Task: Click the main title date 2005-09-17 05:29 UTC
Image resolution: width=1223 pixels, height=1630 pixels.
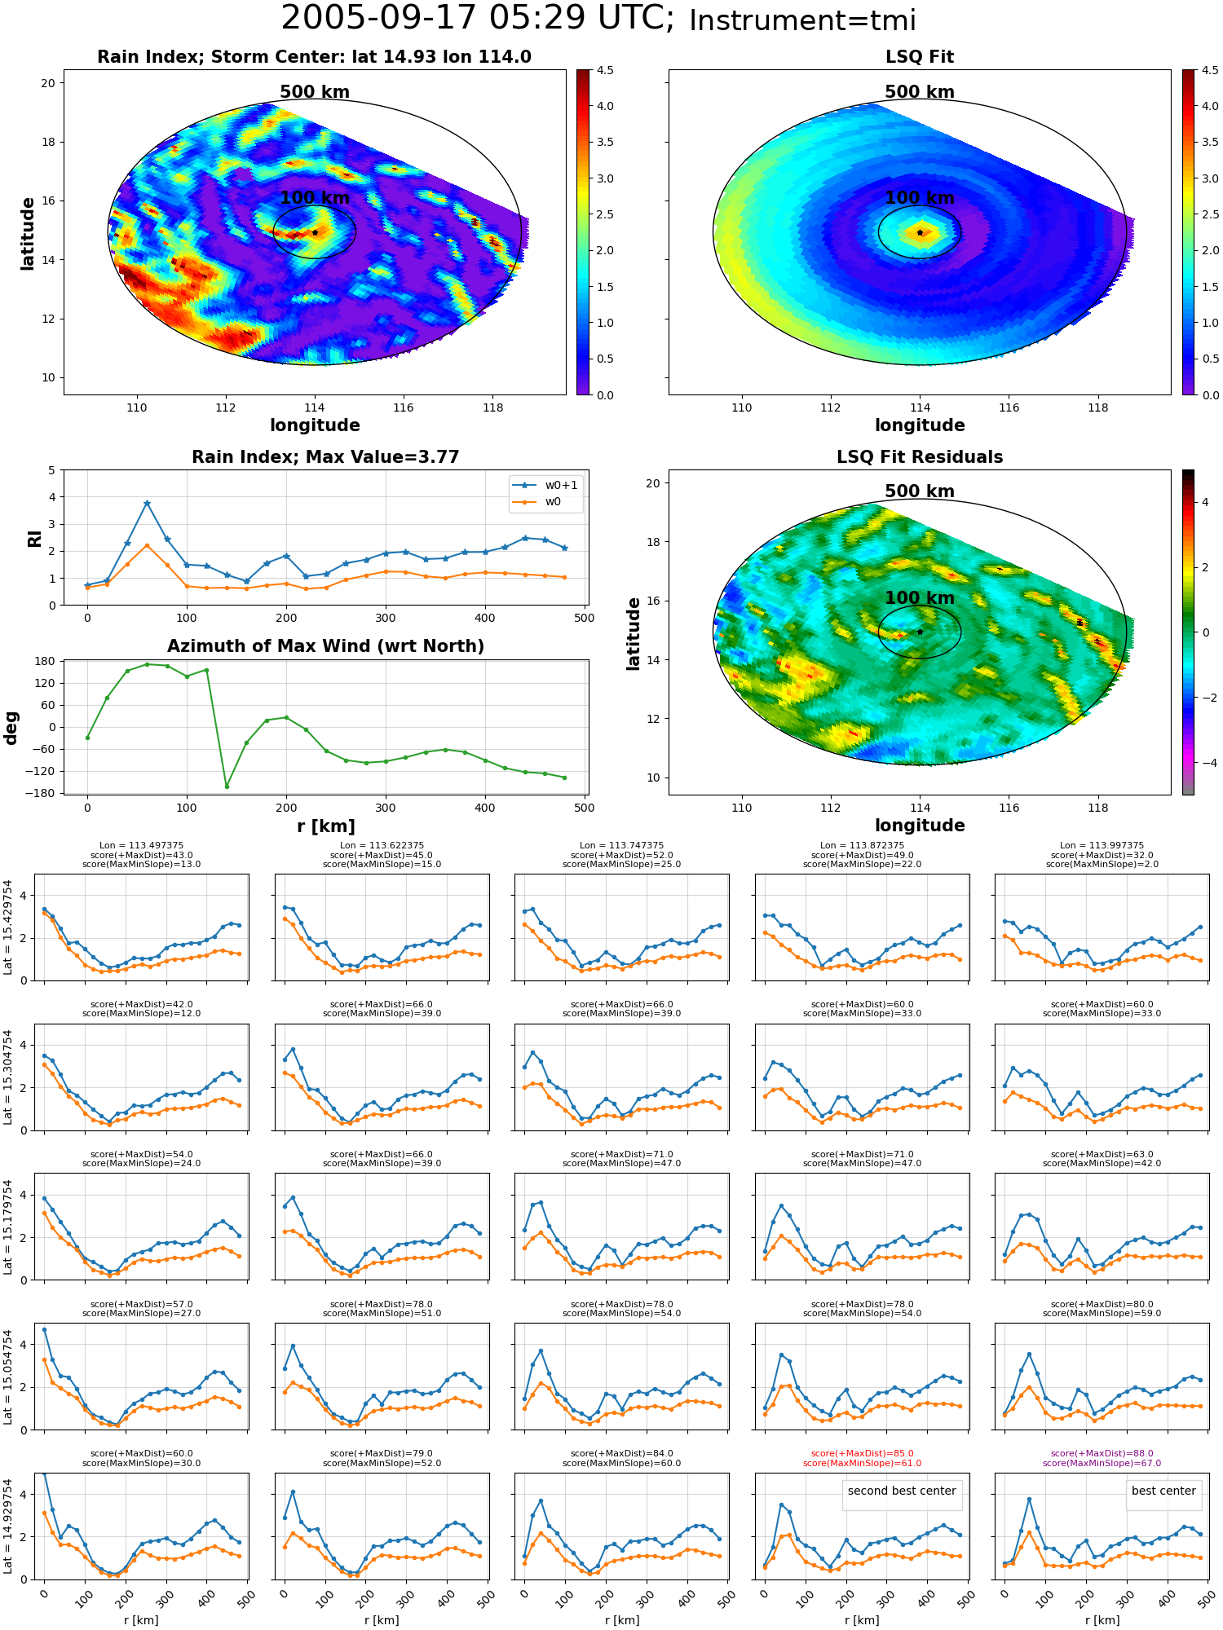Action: tap(477, 19)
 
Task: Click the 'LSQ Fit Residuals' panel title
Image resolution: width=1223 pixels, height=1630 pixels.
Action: tap(920, 457)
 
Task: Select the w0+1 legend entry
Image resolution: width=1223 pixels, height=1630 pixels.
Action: tap(546, 485)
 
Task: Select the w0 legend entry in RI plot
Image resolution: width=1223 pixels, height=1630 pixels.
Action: tap(539, 502)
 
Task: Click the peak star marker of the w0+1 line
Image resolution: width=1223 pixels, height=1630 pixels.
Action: tap(147, 504)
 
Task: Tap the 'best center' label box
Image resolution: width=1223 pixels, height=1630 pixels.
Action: tap(1163, 1491)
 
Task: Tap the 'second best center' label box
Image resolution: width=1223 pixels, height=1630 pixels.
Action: tap(902, 1491)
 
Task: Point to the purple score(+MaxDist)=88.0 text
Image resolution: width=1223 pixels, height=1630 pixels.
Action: tap(1102, 1453)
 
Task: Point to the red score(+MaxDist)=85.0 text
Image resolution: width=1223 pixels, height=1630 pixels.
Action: tap(862, 1453)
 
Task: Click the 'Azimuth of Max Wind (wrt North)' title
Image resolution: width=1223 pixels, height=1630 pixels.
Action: tap(325, 646)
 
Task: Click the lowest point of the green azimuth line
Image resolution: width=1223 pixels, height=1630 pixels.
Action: tap(227, 786)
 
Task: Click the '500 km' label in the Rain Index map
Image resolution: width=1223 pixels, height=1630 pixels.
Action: tap(315, 92)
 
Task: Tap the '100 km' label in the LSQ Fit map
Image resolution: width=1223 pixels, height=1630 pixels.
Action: tap(920, 197)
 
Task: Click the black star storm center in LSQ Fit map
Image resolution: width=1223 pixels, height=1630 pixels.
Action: tap(920, 232)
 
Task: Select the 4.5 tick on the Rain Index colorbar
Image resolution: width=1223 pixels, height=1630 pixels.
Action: tap(605, 70)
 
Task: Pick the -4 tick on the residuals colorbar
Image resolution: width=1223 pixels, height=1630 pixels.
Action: tap(1204, 763)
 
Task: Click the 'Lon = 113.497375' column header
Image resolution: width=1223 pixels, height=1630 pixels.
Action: tap(141, 845)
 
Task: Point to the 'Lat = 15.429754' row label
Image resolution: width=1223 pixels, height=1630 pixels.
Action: tap(8, 927)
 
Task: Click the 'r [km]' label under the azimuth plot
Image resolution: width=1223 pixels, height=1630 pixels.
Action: tap(325, 826)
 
